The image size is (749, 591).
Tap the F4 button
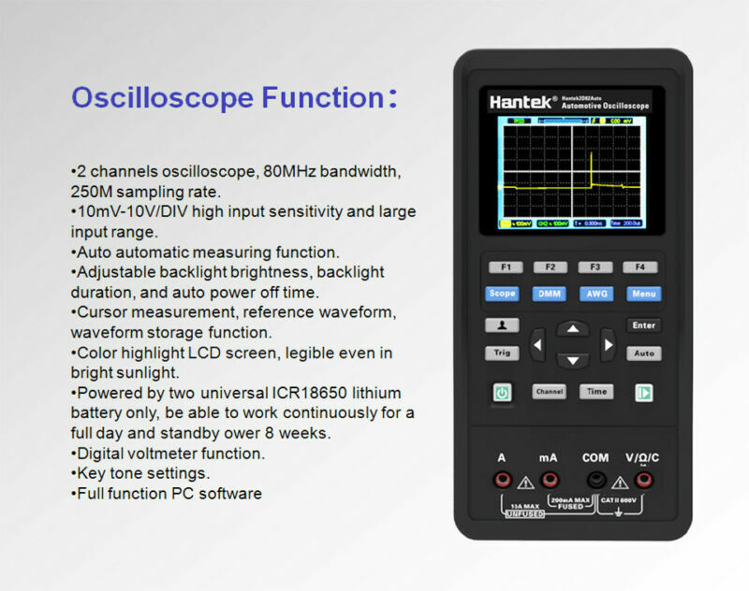(x=640, y=267)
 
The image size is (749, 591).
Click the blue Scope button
(x=503, y=294)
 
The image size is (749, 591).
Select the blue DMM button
(x=550, y=294)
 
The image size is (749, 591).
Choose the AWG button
(x=595, y=294)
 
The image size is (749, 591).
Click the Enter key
(x=643, y=325)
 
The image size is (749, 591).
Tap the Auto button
(x=643, y=353)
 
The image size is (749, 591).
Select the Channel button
(x=550, y=392)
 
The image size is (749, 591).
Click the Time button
(x=595, y=392)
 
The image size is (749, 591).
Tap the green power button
(x=503, y=393)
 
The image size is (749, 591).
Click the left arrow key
(x=537, y=345)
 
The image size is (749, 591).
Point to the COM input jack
(x=595, y=480)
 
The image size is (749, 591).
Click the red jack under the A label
(x=503, y=480)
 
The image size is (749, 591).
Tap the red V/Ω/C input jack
(x=643, y=480)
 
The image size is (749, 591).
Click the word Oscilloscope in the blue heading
(x=162, y=98)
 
